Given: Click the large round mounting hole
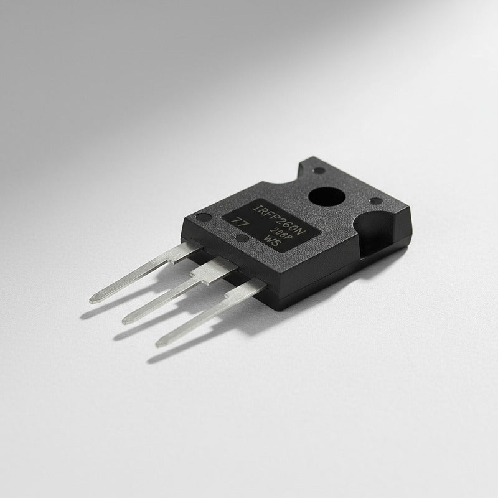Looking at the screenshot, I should [327, 199].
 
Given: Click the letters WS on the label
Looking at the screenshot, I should [272, 242].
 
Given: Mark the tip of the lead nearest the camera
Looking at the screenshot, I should [159, 343].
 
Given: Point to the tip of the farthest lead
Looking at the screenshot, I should [93, 300].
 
